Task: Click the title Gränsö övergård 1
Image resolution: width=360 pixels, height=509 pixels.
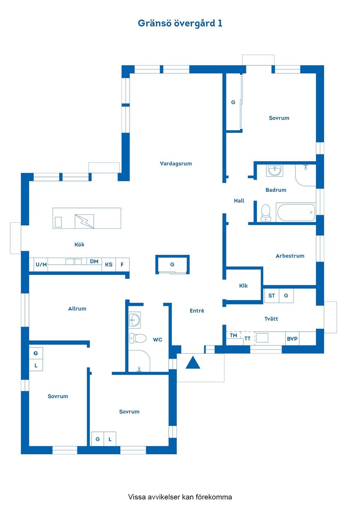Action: (x=180, y=23)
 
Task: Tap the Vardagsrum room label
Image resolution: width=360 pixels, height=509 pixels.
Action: (x=176, y=163)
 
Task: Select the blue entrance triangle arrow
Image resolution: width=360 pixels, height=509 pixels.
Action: (x=193, y=363)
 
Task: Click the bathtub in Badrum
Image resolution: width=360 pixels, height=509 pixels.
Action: (x=296, y=212)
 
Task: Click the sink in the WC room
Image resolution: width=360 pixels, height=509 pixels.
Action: (x=134, y=320)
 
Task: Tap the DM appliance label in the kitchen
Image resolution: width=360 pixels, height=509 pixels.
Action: (x=94, y=261)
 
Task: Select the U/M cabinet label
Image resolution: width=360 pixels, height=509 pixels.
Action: (x=41, y=265)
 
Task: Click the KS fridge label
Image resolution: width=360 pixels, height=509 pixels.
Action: (x=109, y=265)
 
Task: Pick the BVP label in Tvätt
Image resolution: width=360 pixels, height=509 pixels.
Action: (x=292, y=339)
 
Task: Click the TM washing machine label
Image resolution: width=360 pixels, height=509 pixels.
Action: (x=233, y=335)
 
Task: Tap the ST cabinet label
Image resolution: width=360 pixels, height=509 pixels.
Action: (x=271, y=296)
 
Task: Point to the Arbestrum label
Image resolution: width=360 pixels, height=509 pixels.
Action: (x=290, y=256)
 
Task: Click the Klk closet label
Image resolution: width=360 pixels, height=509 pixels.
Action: (x=243, y=286)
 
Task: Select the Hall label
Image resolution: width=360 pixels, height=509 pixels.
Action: (x=239, y=201)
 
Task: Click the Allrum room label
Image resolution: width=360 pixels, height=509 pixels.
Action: (x=77, y=309)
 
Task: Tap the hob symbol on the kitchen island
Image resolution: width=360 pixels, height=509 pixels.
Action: (x=84, y=222)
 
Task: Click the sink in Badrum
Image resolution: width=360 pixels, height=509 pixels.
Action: (x=275, y=171)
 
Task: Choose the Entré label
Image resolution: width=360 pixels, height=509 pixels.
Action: (x=197, y=311)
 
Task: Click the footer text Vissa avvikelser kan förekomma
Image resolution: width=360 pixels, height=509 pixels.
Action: (x=180, y=497)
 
